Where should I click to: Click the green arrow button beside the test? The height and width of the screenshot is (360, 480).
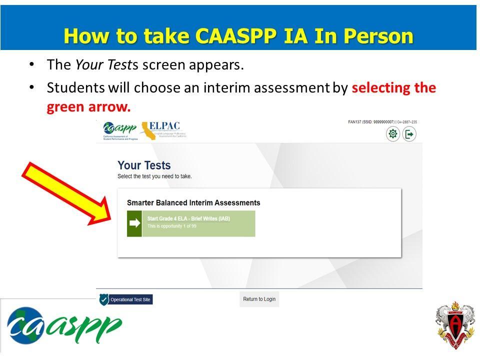pyautogui.click(x=134, y=223)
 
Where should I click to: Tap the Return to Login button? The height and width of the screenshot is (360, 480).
pyautogui.click(x=259, y=299)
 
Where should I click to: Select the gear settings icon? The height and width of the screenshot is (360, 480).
pyautogui.click(x=393, y=134)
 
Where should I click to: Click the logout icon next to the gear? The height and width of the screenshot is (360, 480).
pyautogui.click(x=409, y=134)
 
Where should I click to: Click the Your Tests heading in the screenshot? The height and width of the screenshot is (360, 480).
pyautogui.click(x=144, y=165)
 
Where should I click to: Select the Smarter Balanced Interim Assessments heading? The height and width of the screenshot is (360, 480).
pyautogui.click(x=193, y=203)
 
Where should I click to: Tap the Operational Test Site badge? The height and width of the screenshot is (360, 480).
pyautogui.click(x=125, y=299)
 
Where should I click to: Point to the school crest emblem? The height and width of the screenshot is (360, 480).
pyautogui.click(x=454, y=324)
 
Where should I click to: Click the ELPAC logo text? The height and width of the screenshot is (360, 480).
pyautogui.click(x=164, y=126)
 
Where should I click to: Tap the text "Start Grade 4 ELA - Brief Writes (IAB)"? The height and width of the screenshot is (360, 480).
pyautogui.click(x=188, y=219)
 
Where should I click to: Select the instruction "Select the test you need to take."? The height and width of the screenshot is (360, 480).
pyautogui.click(x=154, y=176)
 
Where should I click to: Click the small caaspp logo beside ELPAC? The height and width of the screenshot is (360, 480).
pyautogui.click(x=119, y=129)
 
